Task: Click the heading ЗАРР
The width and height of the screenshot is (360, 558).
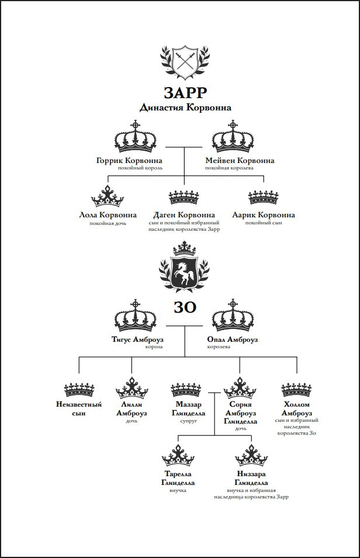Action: click(185, 93)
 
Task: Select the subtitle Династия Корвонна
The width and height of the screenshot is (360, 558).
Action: click(185, 108)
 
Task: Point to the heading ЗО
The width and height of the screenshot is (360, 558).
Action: click(185, 307)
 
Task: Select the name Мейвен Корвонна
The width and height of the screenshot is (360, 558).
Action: click(240, 161)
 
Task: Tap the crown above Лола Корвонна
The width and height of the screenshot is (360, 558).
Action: click(107, 196)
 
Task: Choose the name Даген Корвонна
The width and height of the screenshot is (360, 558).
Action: click(184, 215)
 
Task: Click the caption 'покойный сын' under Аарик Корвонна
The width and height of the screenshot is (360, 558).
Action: click(264, 223)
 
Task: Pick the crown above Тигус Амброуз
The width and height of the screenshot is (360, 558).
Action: click(136, 316)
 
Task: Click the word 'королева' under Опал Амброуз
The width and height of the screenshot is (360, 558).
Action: click(219, 346)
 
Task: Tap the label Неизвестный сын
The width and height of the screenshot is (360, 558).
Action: click(79, 409)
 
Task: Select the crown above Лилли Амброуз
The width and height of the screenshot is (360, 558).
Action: click(131, 387)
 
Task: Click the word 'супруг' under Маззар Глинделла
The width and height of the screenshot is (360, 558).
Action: click(188, 421)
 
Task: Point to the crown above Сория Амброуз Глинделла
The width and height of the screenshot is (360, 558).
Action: click(240, 387)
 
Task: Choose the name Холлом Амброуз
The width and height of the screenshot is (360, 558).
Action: click(297, 409)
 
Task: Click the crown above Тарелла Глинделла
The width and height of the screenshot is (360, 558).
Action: click(178, 456)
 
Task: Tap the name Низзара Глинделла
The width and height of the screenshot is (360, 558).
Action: click(251, 479)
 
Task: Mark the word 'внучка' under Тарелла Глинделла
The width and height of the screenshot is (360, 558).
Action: click(178, 490)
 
